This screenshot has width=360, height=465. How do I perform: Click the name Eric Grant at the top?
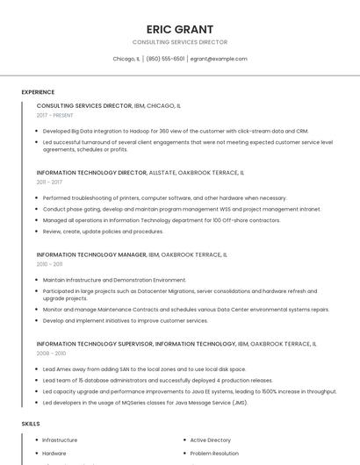[x=179, y=29]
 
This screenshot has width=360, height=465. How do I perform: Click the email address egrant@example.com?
[x=219, y=59]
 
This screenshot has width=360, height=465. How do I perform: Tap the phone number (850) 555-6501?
[x=165, y=59]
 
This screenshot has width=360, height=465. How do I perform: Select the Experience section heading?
[x=38, y=92]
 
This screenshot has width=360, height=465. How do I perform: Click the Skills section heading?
[x=31, y=424]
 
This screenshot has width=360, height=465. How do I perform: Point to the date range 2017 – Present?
[x=55, y=115]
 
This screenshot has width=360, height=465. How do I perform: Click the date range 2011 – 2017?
[x=49, y=182]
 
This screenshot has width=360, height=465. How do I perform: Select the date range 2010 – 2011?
[x=49, y=264]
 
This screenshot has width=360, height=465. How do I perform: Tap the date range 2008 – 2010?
[x=51, y=354]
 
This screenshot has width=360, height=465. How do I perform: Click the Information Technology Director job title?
[x=91, y=173]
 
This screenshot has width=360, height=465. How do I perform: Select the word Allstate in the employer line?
[x=164, y=173]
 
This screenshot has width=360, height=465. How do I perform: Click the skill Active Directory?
[x=210, y=440]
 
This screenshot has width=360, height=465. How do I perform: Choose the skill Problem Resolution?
[x=213, y=454]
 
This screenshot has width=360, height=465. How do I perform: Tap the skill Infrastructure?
[x=60, y=440]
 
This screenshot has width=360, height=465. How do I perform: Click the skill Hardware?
[x=54, y=454]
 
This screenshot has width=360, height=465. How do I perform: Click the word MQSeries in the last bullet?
[x=123, y=402]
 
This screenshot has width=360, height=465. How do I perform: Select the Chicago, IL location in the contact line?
[x=126, y=59]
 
